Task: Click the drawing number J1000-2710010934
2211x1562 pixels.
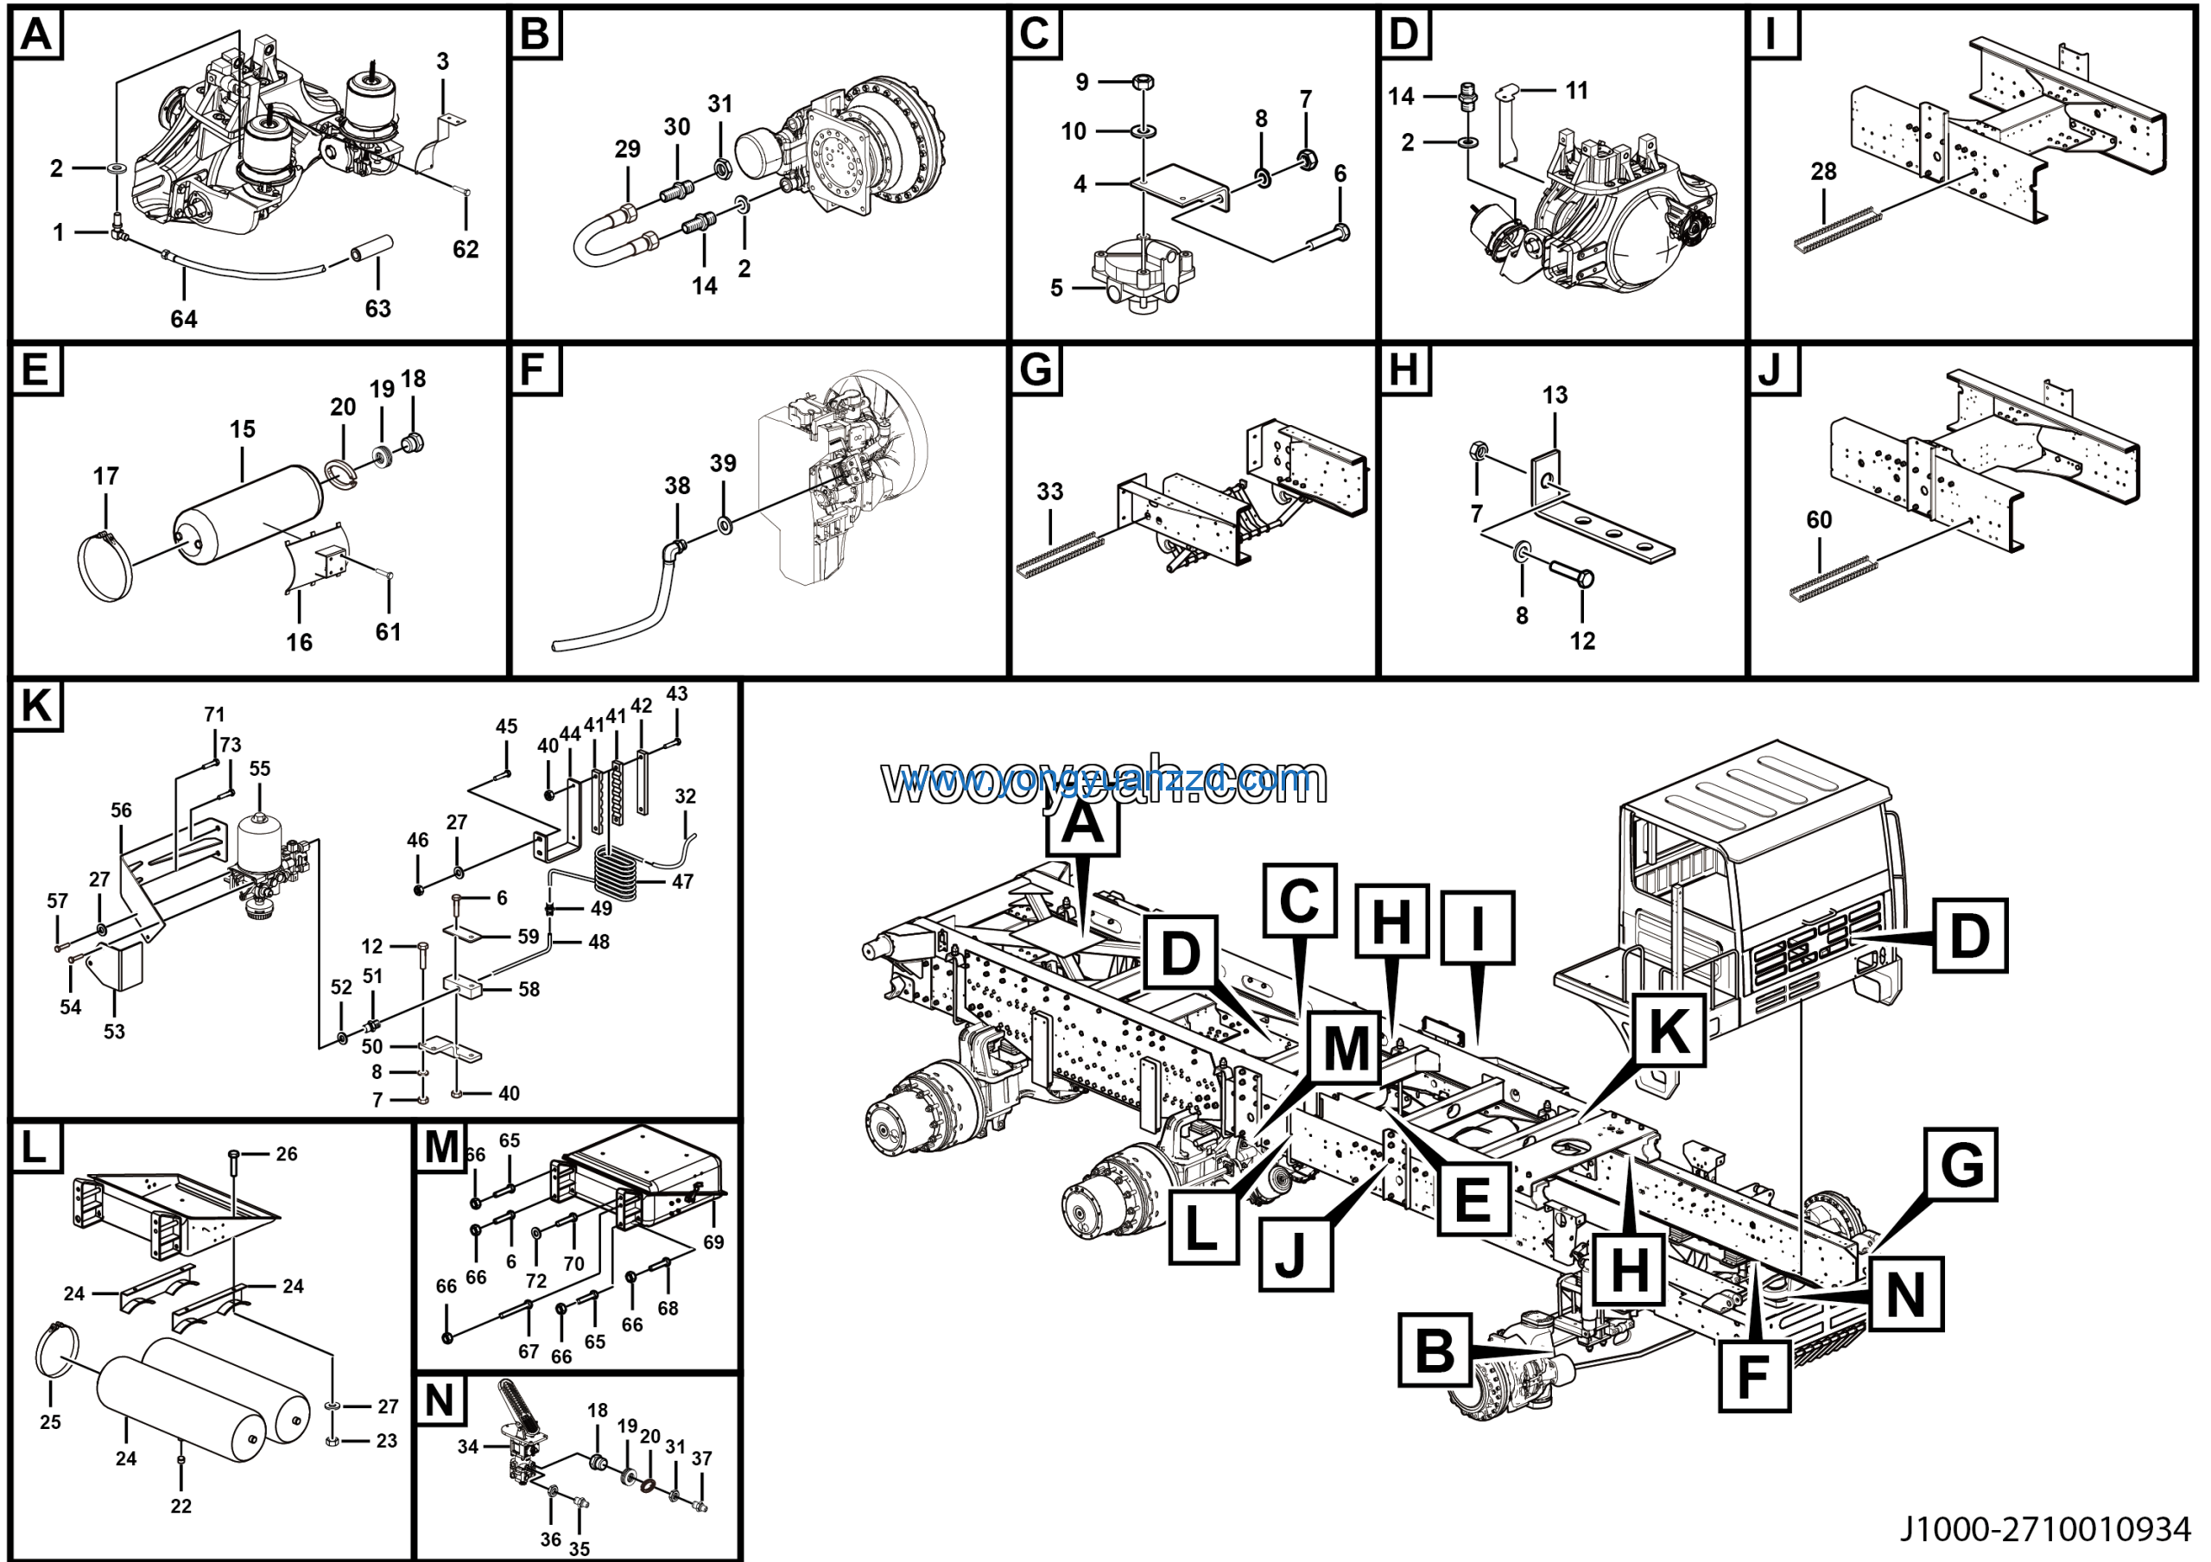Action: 2044,1529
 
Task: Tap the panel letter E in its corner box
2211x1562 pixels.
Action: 35,370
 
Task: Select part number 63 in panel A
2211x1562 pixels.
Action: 377,308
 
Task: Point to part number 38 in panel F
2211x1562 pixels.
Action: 677,486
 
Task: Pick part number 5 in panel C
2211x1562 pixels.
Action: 1056,288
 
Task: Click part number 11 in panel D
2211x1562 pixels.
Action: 1576,91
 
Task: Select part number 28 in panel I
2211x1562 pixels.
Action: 1823,171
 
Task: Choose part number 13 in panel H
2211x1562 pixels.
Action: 1555,395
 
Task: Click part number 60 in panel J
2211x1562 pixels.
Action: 1818,520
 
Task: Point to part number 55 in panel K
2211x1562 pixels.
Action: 260,769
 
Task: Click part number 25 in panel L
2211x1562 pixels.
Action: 50,1421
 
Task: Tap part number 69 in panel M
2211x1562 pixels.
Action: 713,1242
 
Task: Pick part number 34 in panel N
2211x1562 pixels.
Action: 468,1446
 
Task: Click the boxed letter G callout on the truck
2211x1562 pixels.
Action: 1961,1165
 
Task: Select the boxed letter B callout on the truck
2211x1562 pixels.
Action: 1435,1350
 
